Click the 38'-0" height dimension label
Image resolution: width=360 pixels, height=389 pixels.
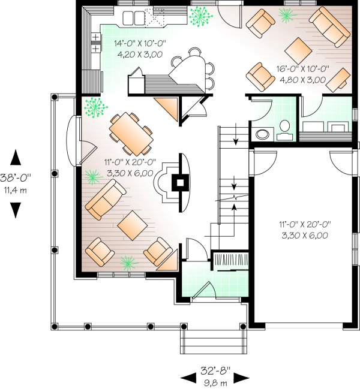click(x=16, y=177)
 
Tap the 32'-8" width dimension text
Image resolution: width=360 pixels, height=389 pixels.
click(x=215, y=371)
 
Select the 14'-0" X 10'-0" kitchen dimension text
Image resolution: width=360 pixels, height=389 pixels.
click(x=140, y=43)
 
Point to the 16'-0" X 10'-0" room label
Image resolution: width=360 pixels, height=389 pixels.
click(x=303, y=69)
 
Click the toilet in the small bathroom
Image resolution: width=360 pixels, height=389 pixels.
click(x=284, y=130)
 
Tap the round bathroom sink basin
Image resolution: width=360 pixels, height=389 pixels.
click(x=262, y=134)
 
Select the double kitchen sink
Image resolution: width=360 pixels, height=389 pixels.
click(x=133, y=18)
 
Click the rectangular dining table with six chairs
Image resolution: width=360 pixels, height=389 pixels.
click(x=131, y=134)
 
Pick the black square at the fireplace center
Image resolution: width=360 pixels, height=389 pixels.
click(x=180, y=183)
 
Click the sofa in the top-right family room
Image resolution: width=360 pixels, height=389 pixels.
click(x=330, y=27)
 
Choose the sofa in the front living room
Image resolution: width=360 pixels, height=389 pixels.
click(x=106, y=199)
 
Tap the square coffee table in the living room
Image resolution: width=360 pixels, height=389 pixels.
click(x=133, y=225)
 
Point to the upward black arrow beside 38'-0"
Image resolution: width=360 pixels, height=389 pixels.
click(x=16, y=157)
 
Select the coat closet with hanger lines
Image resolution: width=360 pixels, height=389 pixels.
click(x=231, y=260)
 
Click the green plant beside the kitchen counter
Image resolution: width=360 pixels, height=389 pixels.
click(x=201, y=16)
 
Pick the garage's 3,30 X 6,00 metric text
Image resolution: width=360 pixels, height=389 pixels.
click(x=305, y=235)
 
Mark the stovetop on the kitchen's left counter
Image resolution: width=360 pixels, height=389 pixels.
click(x=96, y=43)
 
